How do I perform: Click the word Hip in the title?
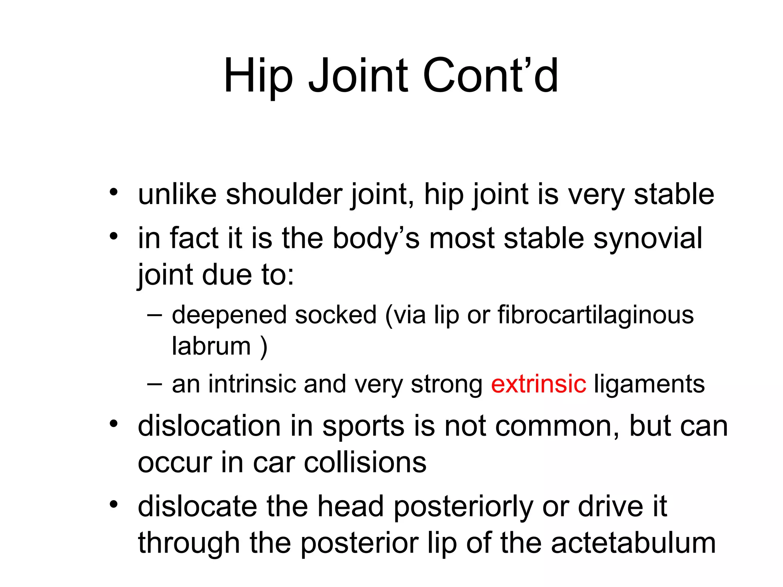click(258, 76)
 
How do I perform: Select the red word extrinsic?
click(538, 384)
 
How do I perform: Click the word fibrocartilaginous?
click(595, 316)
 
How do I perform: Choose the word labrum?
click(211, 346)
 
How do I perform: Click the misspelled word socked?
click(336, 316)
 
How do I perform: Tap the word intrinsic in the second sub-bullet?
click(252, 384)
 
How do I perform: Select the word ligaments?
click(649, 384)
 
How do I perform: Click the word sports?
click(363, 426)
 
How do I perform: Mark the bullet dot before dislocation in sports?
click(113, 424)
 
